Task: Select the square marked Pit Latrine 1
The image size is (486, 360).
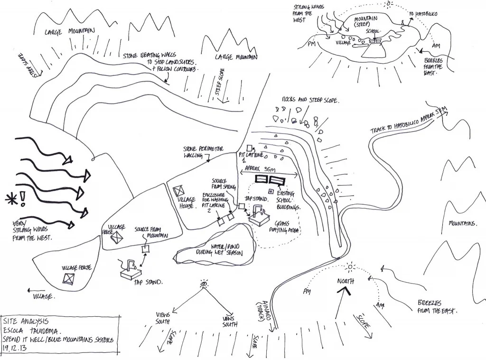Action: click(249, 148)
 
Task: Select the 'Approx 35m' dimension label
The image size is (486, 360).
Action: click(265, 161)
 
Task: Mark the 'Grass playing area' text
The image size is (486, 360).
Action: click(286, 227)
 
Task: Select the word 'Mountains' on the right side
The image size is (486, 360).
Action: click(463, 223)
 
